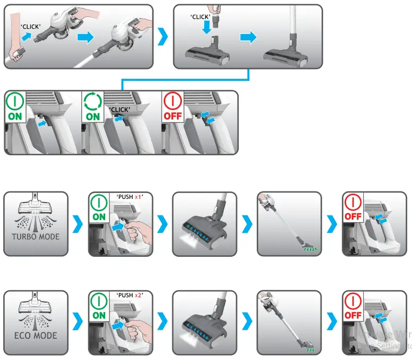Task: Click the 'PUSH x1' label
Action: (131, 197)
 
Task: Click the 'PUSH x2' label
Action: (131, 296)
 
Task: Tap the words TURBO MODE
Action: (36, 237)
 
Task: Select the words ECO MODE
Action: (36, 336)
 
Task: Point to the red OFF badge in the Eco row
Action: (352, 308)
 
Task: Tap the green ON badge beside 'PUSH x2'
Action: (99, 308)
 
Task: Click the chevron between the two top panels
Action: (163, 37)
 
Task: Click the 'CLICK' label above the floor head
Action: (200, 17)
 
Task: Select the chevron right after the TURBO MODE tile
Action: (78, 223)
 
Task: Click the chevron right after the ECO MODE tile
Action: (78, 322)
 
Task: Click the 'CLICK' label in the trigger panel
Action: (120, 110)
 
